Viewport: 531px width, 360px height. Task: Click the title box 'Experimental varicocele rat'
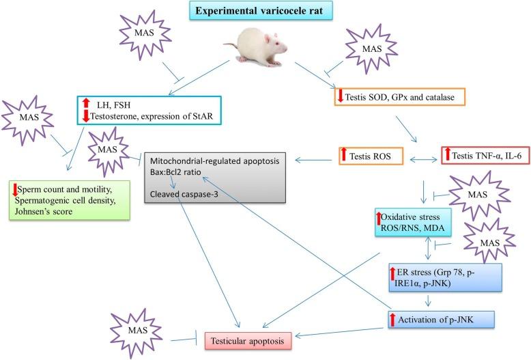(x=264, y=12)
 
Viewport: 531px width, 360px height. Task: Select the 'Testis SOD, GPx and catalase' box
(x=400, y=96)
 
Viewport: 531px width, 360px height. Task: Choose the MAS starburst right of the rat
(x=371, y=50)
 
